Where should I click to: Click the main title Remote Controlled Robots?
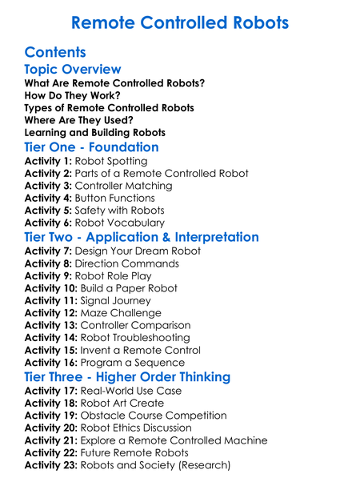179,23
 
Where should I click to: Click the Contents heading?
55,53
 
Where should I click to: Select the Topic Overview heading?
73,70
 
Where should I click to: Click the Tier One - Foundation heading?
91,147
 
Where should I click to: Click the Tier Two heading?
142,237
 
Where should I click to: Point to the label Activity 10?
52,288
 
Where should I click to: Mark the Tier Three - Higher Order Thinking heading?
138,377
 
